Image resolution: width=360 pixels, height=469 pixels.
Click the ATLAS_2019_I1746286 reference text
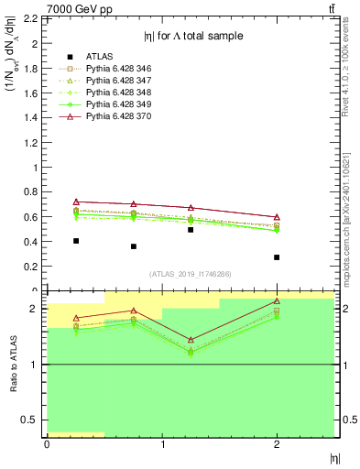pyautogui.click(x=190, y=274)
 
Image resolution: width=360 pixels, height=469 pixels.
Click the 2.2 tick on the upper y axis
pyautogui.click(x=32, y=18)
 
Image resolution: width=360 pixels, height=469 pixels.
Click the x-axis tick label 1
pyautogui.click(x=162, y=445)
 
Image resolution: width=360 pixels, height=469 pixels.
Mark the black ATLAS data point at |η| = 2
pyautogui.click(x=277, y=257)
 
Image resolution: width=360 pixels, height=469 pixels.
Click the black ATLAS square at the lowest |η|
pyautogui.click(x=75, y=241)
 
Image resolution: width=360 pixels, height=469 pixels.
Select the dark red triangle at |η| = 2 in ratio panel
pyautogui.click(x=277, y=301)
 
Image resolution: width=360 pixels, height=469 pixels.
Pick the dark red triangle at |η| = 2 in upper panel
pyautogui.click(x=277, y=217)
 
